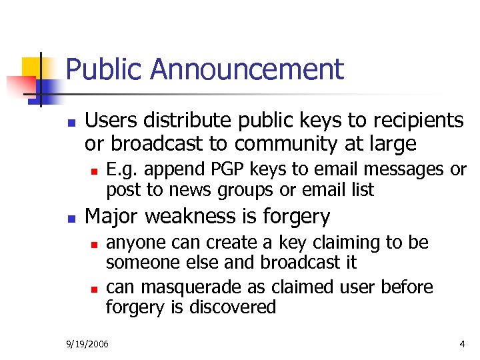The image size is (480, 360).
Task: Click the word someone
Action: coord(138,262)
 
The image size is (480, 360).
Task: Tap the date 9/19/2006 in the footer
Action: coord(88,344)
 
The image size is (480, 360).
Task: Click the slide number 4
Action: coord(462,344)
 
